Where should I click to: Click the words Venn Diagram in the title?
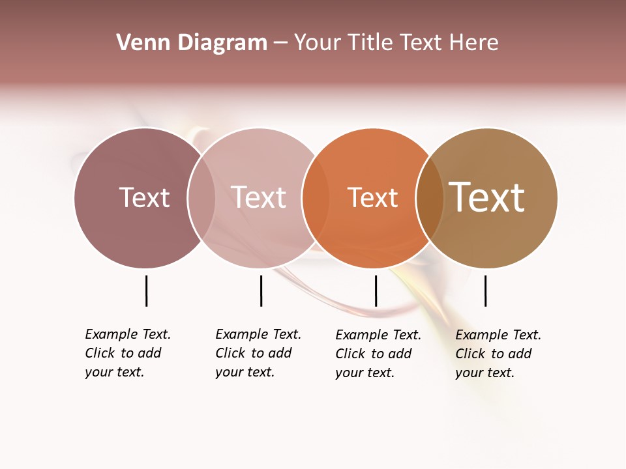pyautogui.click(x=192, y=43)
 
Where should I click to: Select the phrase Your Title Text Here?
pyautogui.click(x=396, y=43)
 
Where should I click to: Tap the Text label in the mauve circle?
pyautogui.click(x=144, y=197)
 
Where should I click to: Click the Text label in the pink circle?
pyautogui.click(x=259, y=197)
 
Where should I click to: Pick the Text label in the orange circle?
pyautogui.click(x=372, y=197)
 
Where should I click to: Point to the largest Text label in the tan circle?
pyautogui.click(x=487, y=197)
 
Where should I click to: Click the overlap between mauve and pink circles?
pyautogui.click(x=201, y=197)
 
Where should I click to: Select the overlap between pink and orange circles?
pyautogui.click(x=314, y=197)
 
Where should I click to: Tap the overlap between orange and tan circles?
pyautogui.click(x=430, y=197)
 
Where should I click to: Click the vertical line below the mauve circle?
pyautogui.click(x=146, y=291)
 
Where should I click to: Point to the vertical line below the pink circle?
pyautogui.click(x=261, y=291)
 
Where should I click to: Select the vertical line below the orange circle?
pyautogui.click(x=376, y=291)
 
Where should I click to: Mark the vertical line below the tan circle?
pyautogui.click(x=485, y=291)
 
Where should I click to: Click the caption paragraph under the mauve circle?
pyautogui.click(x=128, y=353)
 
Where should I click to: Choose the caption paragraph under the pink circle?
pyautogui.click(x=258, y=353)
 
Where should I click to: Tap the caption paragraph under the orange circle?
pyautogui.click(x=378, y=354)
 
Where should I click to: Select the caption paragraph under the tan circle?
pyautogui.click(x=498, y=354)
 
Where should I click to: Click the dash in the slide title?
pyautogui.click(x=280, y=43)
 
